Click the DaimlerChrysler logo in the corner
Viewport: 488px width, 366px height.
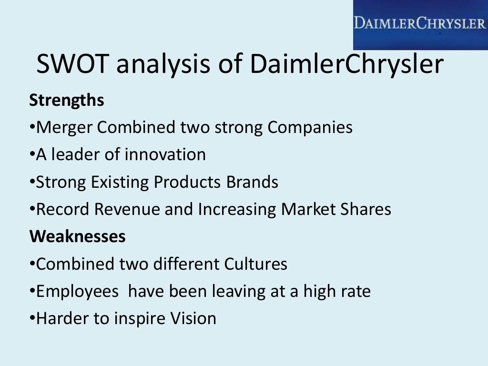[x=420, y=24]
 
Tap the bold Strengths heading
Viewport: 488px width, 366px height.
[x=67, y=101]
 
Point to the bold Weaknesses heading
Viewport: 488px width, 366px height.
[x=78, y=236]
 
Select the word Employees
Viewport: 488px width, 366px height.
[x=77, y=291]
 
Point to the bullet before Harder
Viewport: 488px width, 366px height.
[x=32, y=318]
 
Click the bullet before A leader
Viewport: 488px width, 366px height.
[x=32, y=155]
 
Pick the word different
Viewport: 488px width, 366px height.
[x=183, y=264]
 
